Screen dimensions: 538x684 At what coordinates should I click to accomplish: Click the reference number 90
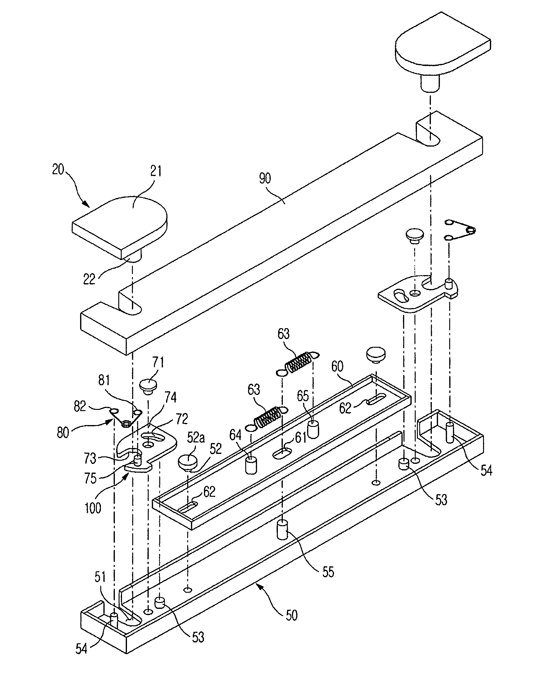[x=265, y=179]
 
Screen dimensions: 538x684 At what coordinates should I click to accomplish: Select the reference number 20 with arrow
[x=58, y=170]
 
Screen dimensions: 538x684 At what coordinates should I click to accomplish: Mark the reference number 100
[x=93, y=508]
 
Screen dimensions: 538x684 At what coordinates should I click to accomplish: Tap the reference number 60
[x=337, y=366]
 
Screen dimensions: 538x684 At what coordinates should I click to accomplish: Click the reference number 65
[x=303, y=396]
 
